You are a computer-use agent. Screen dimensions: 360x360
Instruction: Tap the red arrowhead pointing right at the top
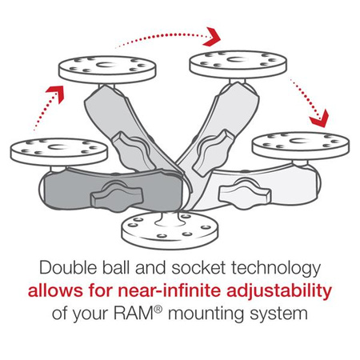click(213, 36)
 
